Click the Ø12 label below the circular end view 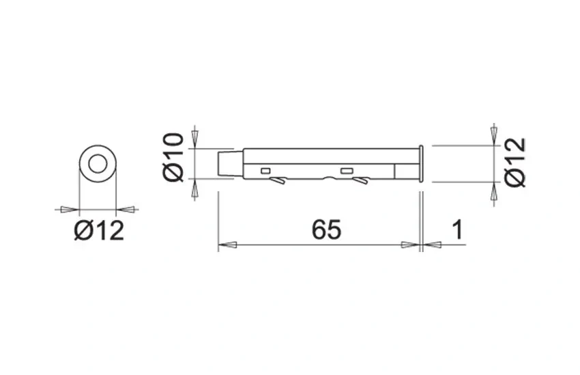99,230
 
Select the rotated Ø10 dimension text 173,158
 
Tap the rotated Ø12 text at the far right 515,162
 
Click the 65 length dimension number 326,230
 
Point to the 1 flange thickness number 458,230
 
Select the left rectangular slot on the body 265,171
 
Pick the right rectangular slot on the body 346,171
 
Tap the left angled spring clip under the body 278,181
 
